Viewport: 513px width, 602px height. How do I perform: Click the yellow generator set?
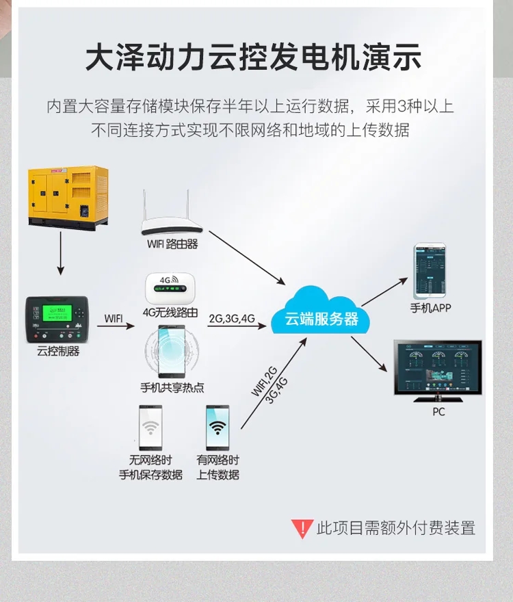click(68, 198)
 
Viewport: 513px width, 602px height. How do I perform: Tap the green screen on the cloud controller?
click(57, 313)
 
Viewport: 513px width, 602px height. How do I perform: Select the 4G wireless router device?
click(170, 288)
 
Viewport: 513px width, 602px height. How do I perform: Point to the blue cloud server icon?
click(321, 311)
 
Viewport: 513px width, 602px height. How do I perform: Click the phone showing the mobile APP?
click(430, 270)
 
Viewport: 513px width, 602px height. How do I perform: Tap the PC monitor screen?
click(438, 367)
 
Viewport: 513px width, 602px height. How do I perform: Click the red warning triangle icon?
click(302, 529)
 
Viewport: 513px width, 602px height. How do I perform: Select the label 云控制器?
click(58, 351)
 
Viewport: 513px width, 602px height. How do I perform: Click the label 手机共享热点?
click(172, 387)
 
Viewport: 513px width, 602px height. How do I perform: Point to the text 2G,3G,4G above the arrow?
click(232, 318)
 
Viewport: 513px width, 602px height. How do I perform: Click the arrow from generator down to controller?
click(60, 253)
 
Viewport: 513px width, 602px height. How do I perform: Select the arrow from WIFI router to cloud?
click(248, 258)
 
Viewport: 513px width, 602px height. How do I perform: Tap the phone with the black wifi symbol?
click(218, 428)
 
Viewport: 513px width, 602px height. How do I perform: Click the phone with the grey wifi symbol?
click(150, 428)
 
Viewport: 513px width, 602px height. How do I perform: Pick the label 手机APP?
click(430, 308)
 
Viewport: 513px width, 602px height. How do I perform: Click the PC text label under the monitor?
click(438, 412)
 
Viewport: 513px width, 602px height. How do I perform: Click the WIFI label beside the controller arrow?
click(114, 318)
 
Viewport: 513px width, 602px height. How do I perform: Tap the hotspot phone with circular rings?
click(172, 351)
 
